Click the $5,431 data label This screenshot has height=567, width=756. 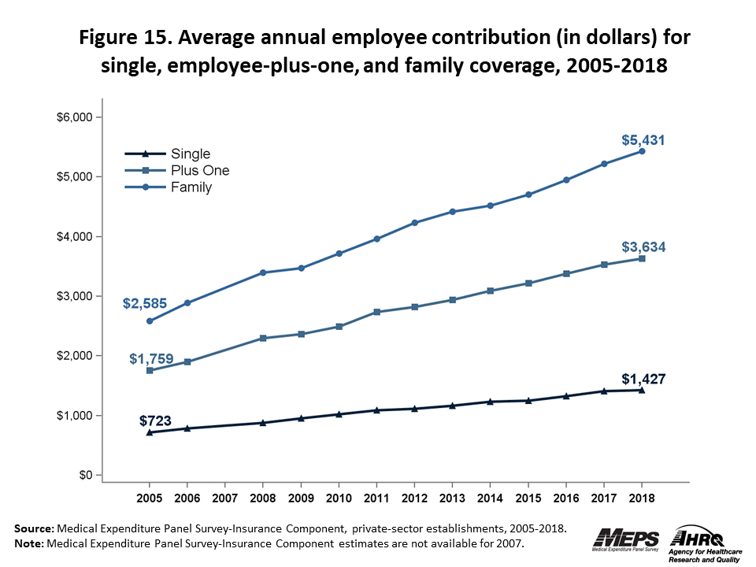coord(644,141)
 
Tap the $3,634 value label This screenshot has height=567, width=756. coord(644,247)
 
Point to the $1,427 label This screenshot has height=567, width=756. coord(644,379)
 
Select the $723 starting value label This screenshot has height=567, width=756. coord(156,421)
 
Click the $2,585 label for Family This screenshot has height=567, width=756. coord(143,303)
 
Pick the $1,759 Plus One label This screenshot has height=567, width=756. coord(151,359)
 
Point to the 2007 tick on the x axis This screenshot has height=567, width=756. coord(225,499)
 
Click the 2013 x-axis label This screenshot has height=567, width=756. coord(452,499)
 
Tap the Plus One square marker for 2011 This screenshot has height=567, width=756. coord(376,312)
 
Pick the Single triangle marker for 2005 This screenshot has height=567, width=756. coord(150,432)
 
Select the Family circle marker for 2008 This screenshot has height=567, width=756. coord(263,272)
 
